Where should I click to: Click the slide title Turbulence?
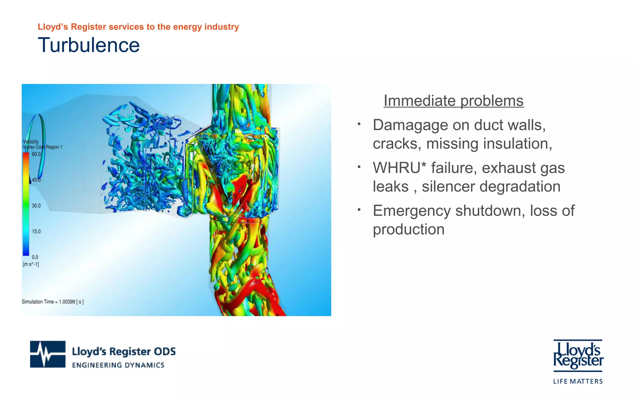point(89,45)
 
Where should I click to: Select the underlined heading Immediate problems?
point(453,101)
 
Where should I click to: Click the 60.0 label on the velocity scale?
point(36,154)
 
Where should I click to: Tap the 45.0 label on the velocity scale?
point(36,180)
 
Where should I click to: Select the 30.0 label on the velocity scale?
point(36,206)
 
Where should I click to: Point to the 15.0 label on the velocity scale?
point(36,232)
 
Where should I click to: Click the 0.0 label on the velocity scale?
point(35,257)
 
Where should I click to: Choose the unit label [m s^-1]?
point(31,265)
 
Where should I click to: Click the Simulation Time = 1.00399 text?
point(53,302)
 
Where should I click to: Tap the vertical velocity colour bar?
point(26,204)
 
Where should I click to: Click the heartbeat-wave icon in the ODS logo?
point(48,354)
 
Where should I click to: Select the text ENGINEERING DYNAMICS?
point(118,365)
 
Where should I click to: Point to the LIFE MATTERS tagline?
point(578,382)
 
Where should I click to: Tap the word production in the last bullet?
point(408,230)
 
